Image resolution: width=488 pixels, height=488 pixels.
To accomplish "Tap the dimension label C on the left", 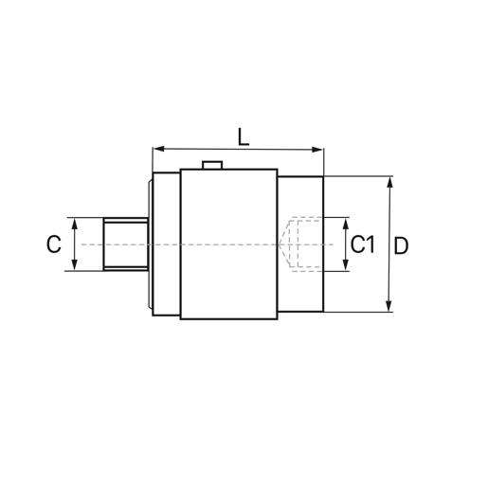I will [x=53, y=244].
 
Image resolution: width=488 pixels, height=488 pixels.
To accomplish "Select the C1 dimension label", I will [x=363, y=244].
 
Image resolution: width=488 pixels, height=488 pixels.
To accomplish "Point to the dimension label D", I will [x=401, y=244].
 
